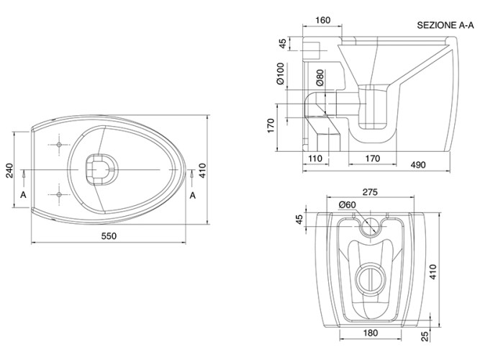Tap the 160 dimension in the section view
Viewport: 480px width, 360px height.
(323, 20)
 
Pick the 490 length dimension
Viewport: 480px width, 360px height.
(418, 164)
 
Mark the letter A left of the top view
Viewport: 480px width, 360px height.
(24, 195)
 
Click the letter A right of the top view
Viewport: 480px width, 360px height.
(193, 195)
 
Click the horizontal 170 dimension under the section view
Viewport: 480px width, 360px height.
(372, 158)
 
